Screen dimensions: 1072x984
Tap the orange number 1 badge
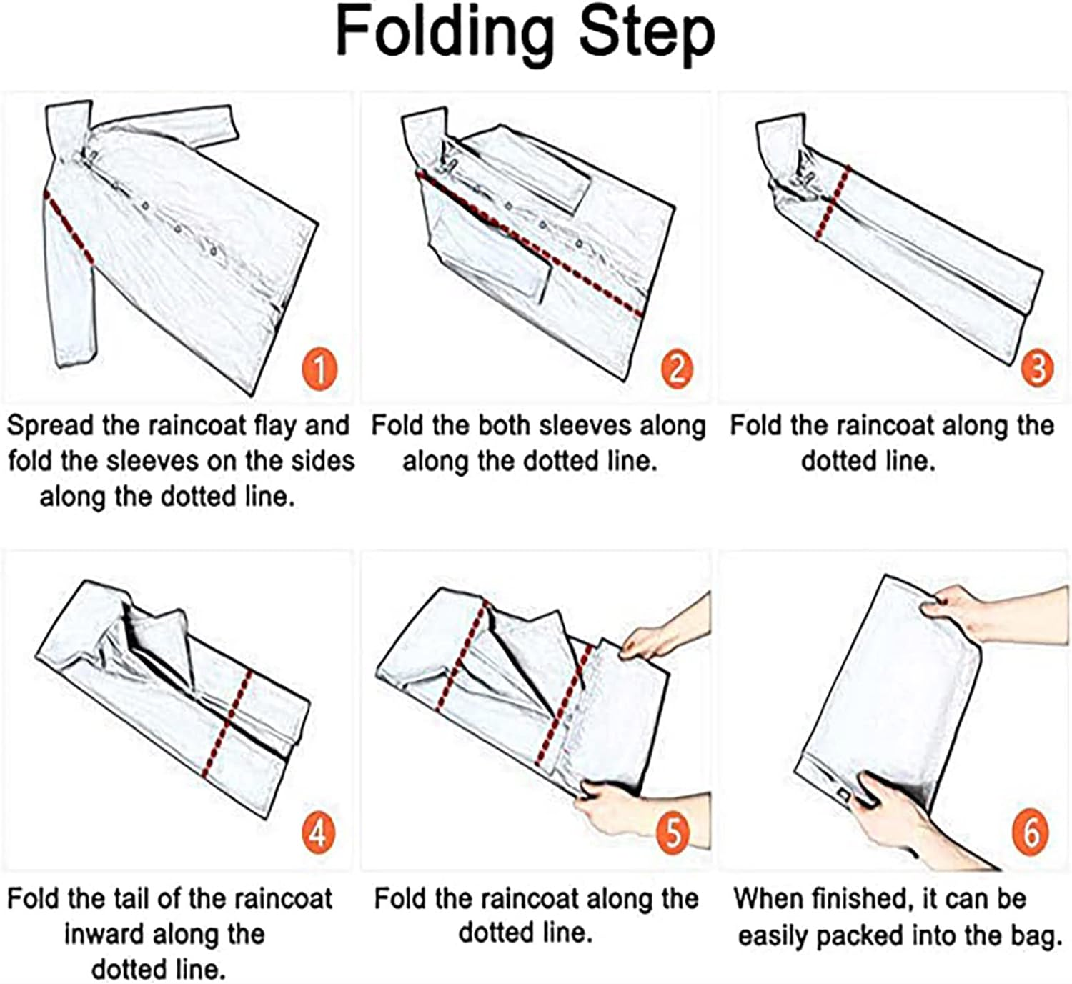319,369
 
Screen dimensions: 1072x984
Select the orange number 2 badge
677,369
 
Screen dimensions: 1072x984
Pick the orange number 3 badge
1037,368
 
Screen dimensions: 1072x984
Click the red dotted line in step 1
69,227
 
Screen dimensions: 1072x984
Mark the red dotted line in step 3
832,203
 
